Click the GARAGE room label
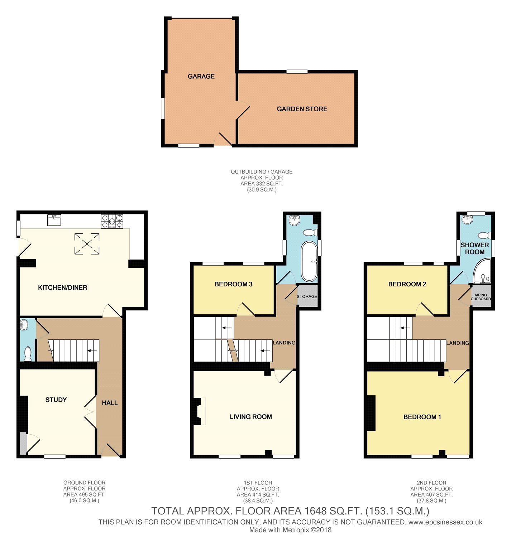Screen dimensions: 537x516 (201, 76)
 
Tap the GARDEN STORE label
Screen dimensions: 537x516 (302, 109)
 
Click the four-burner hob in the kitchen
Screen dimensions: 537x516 (112, 221)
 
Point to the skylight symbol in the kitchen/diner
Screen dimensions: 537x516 (87, 244)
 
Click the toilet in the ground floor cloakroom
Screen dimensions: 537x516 (28, 353)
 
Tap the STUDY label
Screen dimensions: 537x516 (56, 400)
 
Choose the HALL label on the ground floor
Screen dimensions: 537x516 (110, 403)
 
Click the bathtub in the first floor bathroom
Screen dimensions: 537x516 (309, 261)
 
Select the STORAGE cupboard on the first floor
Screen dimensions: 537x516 (307, 296)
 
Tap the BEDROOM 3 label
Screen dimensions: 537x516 (233, 284)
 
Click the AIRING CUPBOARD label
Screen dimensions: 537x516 (481, 297)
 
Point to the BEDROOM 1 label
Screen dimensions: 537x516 (422, 417)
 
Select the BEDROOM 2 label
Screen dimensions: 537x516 (407, 284)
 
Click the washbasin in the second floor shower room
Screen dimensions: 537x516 (468, 219)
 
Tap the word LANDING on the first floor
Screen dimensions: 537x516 (284, 343)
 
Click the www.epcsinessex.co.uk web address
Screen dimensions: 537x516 (445, 522)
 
